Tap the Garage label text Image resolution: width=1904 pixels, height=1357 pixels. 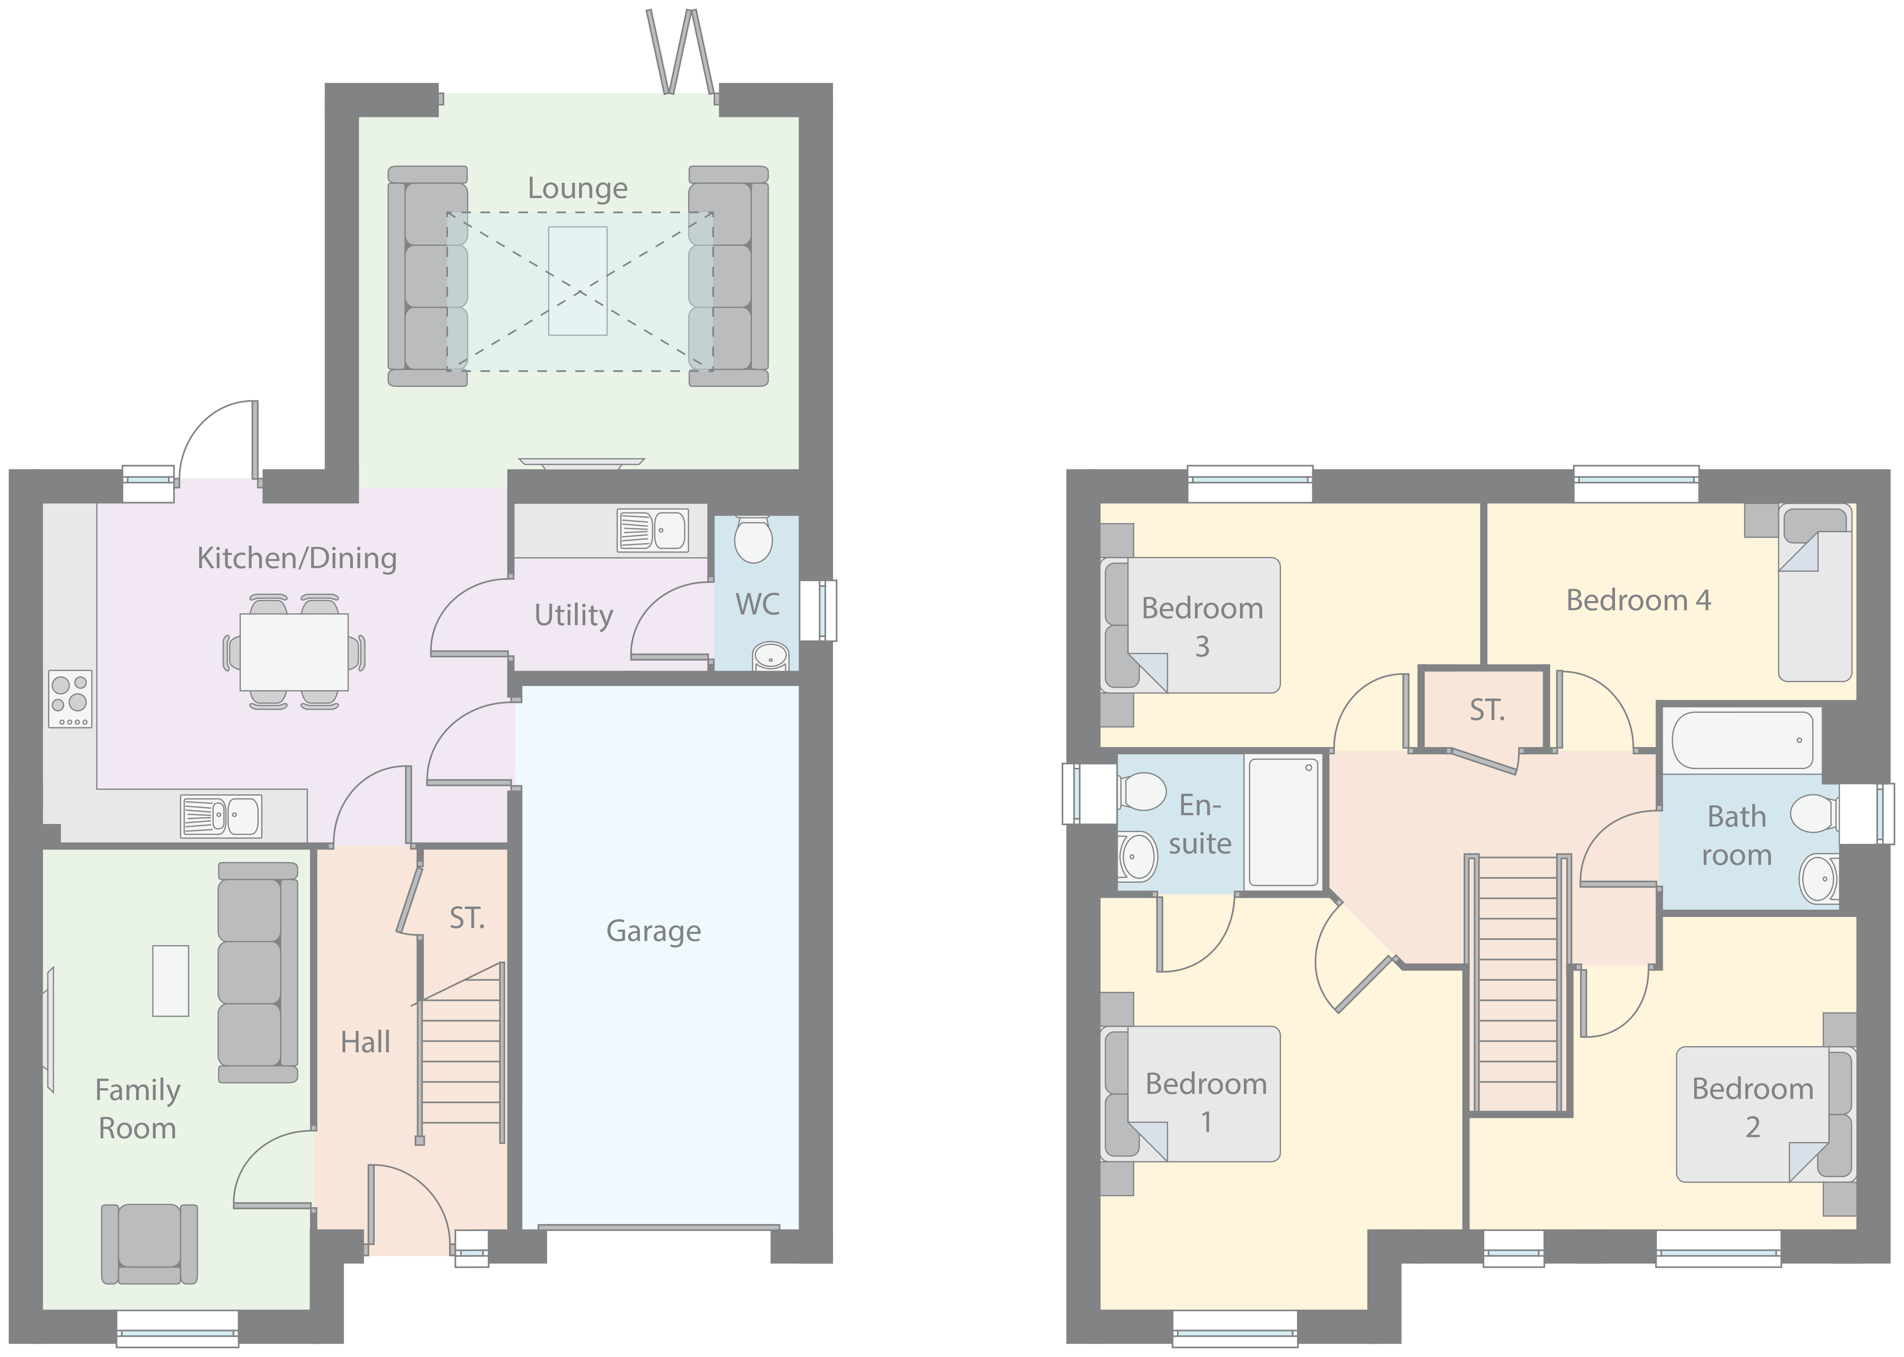click(x=653, y=931)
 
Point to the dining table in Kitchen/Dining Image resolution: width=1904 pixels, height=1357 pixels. click(x=294, y=652)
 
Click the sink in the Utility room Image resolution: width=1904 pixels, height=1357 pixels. click(x=653, y=530)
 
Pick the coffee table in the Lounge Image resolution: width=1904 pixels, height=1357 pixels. click(x=577, y=281)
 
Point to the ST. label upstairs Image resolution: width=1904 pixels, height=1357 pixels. click(x=1487, y=710)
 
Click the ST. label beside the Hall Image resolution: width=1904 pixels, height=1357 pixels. click(x=467, y=918)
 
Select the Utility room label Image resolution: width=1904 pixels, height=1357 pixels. click(x=573, y=616)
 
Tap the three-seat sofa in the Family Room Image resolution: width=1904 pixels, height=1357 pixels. click(x=257, y=973)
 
